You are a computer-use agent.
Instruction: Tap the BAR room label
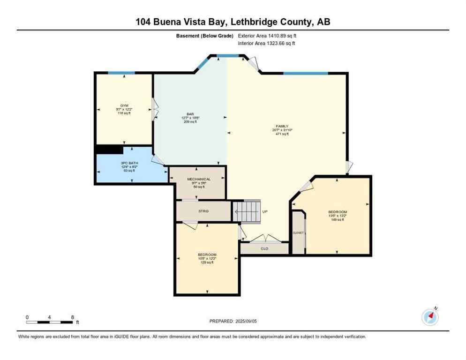190,114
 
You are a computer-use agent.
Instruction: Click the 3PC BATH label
128,163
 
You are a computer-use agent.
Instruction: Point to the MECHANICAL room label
199,179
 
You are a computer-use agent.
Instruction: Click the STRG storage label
203,211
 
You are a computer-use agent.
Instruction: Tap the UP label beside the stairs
265,211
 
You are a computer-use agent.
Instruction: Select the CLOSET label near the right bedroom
298,233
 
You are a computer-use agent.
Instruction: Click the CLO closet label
264,248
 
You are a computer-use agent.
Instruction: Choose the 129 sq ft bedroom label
207,255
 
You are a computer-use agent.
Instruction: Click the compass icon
430,317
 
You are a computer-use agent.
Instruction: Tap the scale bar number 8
72,317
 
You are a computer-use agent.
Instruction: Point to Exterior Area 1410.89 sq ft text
267,36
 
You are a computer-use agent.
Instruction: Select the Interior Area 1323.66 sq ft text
266,44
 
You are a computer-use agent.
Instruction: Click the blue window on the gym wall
121,73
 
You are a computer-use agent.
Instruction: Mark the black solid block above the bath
109,149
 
